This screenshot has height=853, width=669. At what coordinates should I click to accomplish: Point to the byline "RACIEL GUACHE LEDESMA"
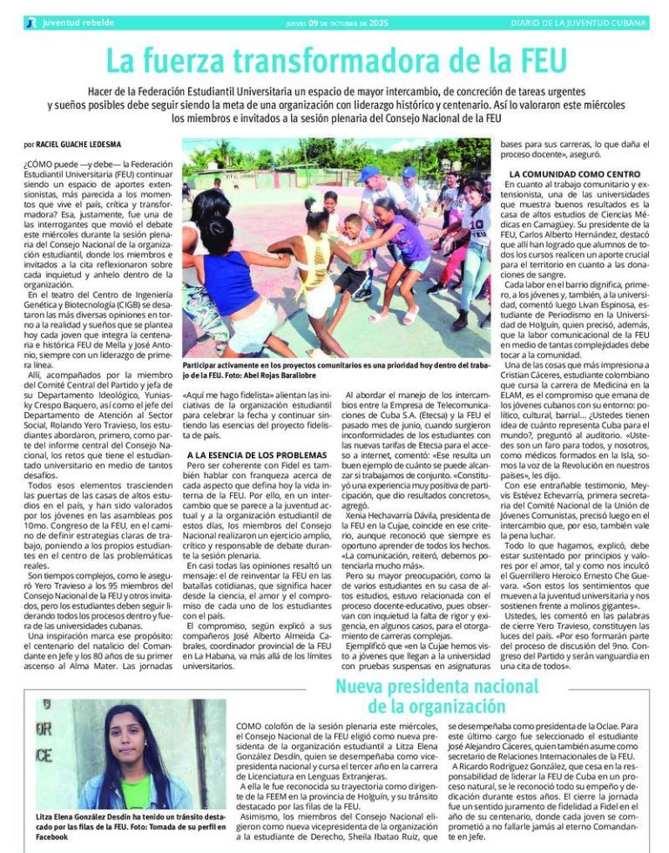[78, 144]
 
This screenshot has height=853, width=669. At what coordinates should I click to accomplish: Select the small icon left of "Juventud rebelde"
[31, 23]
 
